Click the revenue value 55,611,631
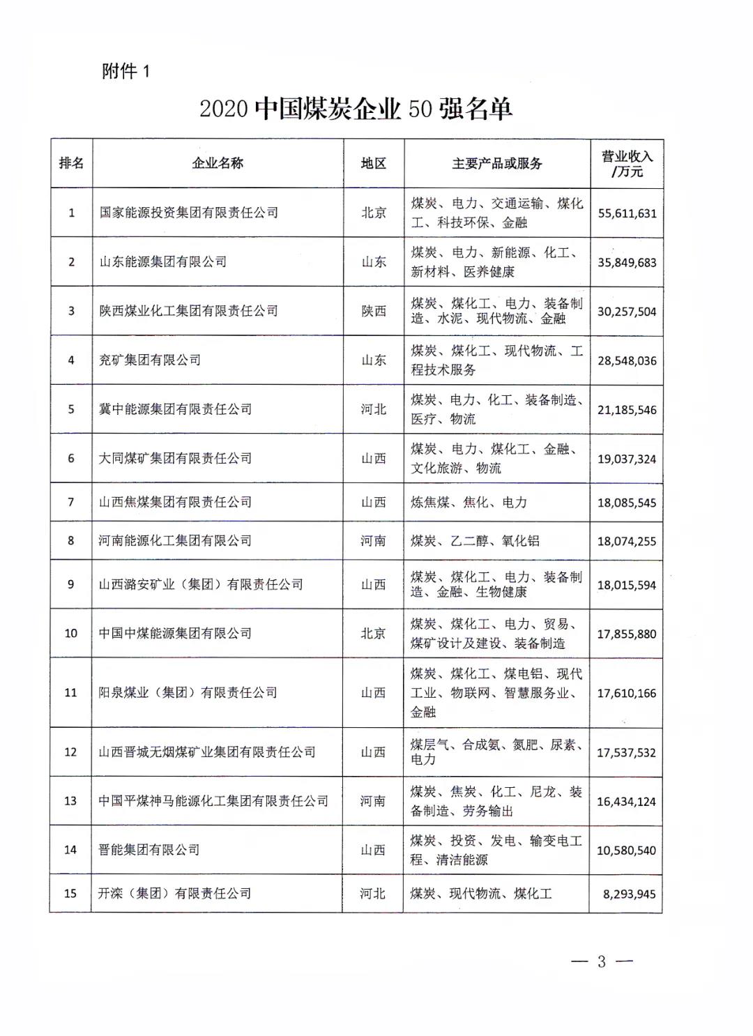[627, 213]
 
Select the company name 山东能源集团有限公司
[162, 262]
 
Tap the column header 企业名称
[218, 164]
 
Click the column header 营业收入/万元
[627, 164]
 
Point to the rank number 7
[70, 502]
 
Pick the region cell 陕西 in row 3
[374, 311]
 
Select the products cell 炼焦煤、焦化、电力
[469, 502]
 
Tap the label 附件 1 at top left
[125, 71]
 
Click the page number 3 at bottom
[601, 962]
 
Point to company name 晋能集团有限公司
[149, 850]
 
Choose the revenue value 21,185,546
[627, 410]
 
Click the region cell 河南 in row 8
[373, 541]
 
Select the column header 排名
[71, 164]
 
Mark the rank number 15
[70, 893]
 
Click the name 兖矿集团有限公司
[150, 360]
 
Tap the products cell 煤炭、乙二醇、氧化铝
[475, 541]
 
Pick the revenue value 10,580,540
[626, 851]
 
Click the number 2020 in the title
[224, 109]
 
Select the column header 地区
[374, 164]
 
